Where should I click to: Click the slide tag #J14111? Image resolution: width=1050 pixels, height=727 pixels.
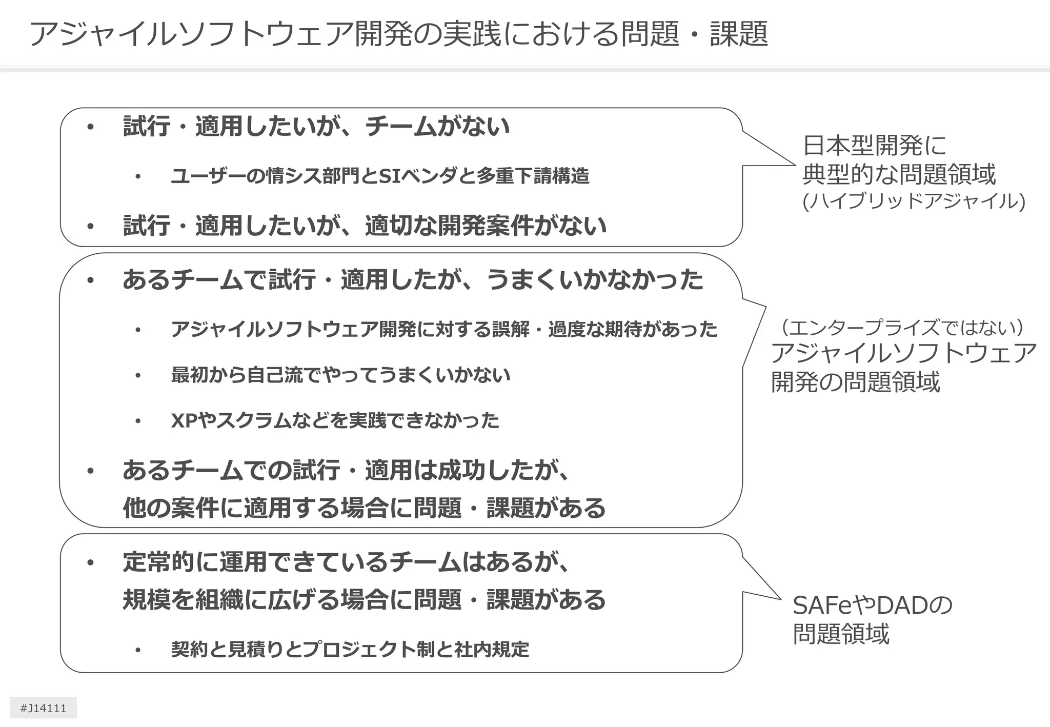tap(43, 708)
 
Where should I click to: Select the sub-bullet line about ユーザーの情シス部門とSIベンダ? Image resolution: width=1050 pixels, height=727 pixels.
tap(380, 176)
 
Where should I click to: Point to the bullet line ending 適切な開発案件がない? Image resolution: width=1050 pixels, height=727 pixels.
tap(365, 225)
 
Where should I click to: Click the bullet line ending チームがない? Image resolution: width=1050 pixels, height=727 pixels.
tap(316, 126)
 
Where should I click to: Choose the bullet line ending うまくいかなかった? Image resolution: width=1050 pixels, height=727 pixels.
tap(413, 280)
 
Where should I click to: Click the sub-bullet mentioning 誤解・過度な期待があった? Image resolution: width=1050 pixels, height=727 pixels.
tap(444, 329)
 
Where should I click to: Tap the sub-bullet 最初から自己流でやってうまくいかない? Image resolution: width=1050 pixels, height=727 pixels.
tap(340, 375)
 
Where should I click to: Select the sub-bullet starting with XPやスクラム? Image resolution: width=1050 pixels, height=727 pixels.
tap(335, 420)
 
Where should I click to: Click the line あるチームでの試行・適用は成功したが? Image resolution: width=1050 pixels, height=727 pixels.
tap(346, 470)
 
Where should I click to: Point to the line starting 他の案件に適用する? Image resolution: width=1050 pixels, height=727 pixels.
tap(364, 508)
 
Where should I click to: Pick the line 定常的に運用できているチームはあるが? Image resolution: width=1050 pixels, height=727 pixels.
tap(346, 562)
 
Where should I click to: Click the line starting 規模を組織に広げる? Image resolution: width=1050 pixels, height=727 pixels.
tap(364, 599)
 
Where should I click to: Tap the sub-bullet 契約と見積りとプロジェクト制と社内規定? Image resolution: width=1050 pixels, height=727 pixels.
tap(350, 649)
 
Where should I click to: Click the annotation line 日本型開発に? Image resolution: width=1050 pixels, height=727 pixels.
tap(874, 146)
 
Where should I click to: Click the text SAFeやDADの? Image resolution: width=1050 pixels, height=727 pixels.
tap(872, 605)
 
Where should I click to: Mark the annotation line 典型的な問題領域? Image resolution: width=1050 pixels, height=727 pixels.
tap(899, 174)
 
